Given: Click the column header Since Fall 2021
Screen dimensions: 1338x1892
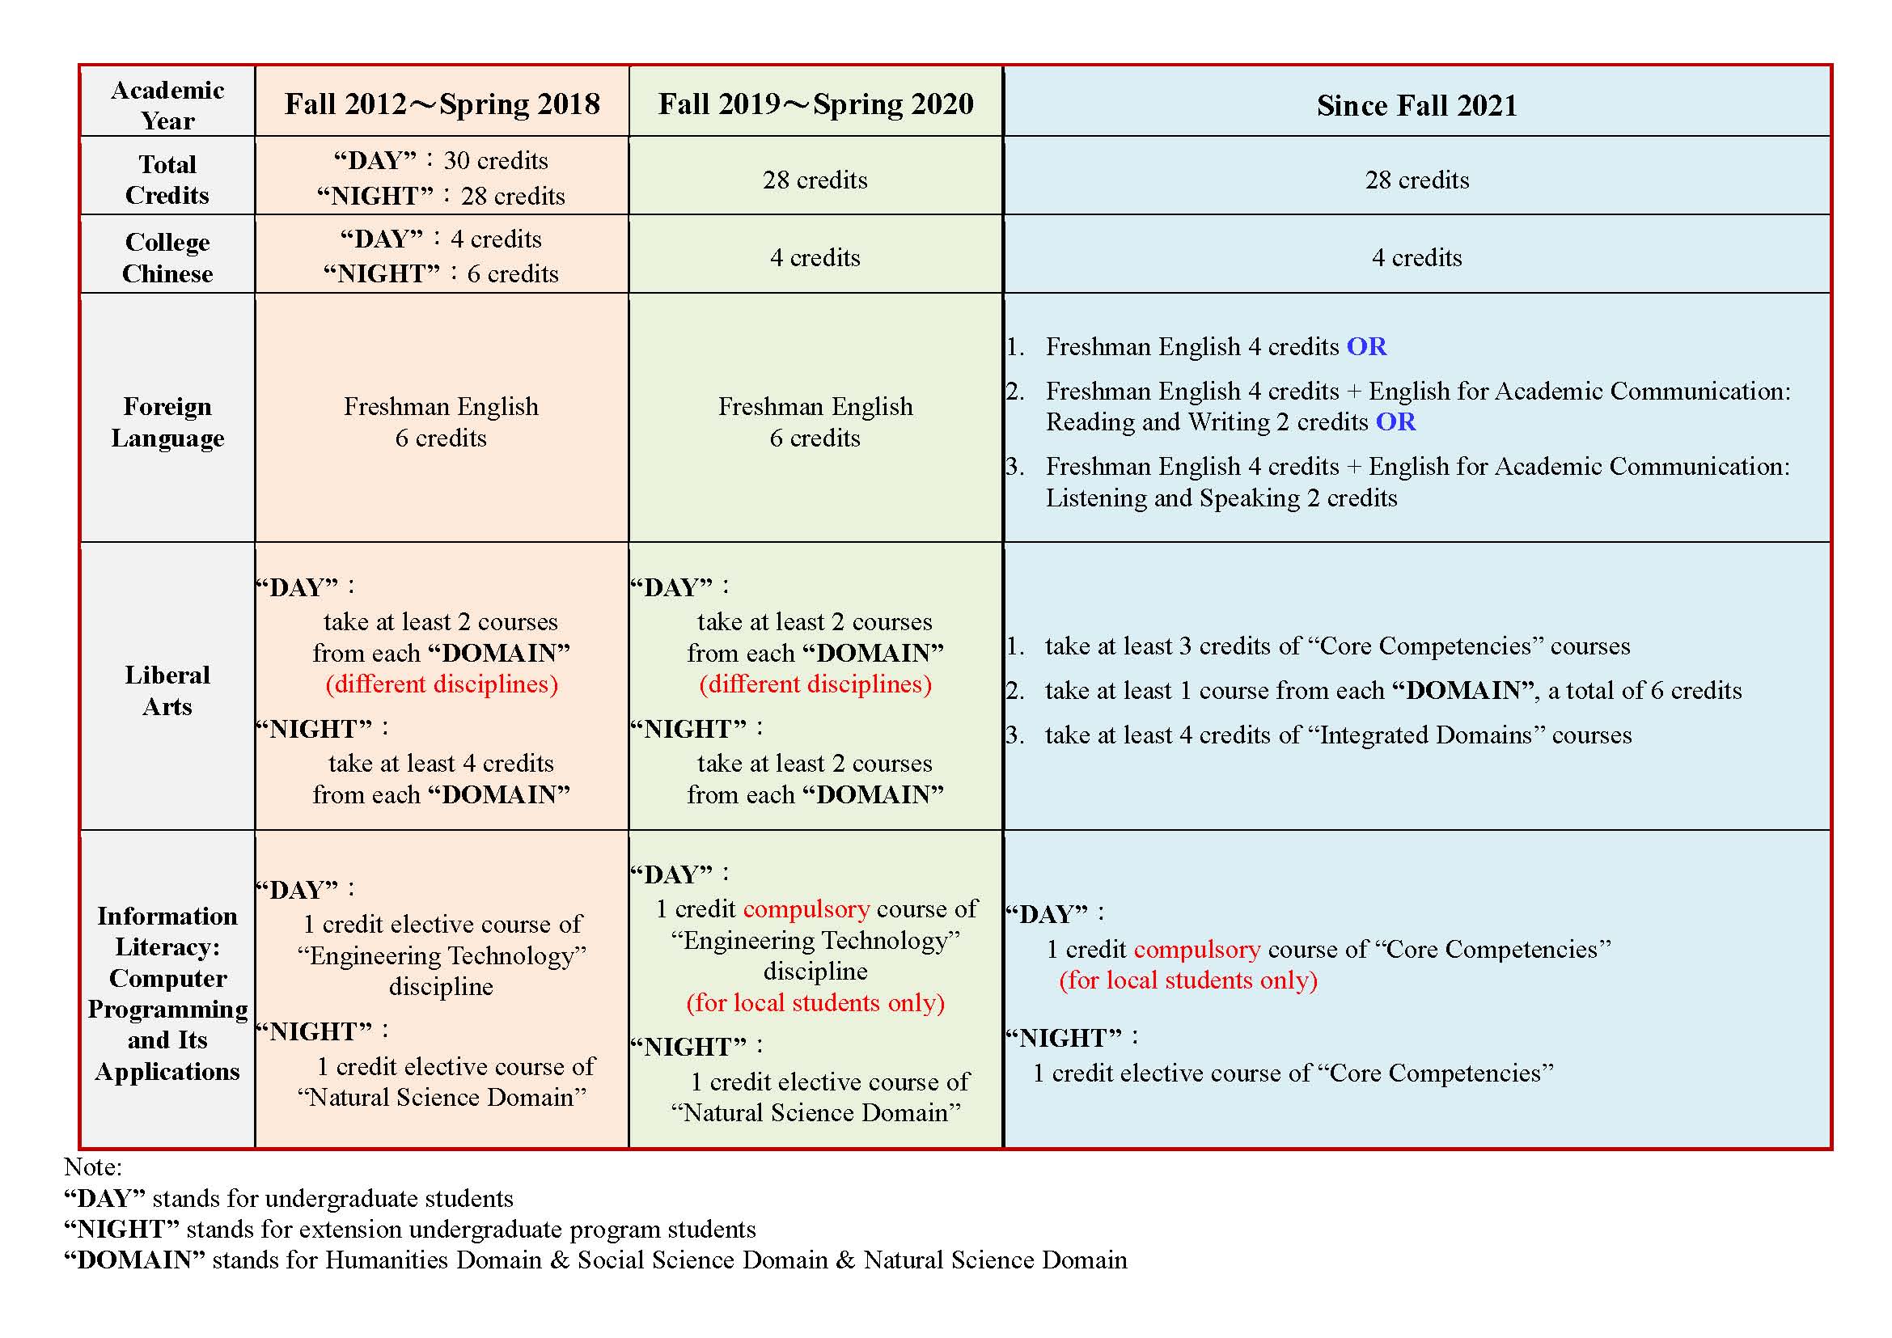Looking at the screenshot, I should [1416, 105].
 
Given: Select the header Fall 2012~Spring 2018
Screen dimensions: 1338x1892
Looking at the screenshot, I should [442, 104].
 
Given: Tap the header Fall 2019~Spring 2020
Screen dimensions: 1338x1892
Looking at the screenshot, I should [815, 104].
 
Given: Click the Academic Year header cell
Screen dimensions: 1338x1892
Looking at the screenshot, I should [167, 104].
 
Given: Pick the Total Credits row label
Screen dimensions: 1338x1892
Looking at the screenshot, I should [167, 180].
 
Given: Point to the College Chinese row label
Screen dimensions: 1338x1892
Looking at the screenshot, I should [167, 258].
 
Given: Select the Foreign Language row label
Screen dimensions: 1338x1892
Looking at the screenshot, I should [167, 421].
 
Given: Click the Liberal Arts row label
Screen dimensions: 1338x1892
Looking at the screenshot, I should [167, 690].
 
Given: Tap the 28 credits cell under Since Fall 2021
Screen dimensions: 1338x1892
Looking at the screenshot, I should [1416, 180].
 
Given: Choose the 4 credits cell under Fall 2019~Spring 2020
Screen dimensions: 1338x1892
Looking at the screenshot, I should [815, 258].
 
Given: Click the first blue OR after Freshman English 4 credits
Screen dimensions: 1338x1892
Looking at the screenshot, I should [1366, 347].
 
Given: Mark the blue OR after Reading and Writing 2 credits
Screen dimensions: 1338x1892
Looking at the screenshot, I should [1396, 421].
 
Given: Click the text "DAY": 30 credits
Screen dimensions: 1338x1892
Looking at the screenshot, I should [441, 161].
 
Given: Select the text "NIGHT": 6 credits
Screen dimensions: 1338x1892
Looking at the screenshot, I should [441, 273].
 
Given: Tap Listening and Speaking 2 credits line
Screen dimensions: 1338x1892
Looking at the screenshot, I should [1221, 498].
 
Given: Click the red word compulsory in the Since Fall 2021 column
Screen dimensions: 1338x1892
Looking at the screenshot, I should [1196, 949].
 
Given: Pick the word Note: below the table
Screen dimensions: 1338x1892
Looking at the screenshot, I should [92, 1167].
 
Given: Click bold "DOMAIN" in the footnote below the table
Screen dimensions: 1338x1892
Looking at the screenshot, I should [134, 1260].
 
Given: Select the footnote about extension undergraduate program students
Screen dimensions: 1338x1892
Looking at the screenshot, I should [409, 1230].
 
